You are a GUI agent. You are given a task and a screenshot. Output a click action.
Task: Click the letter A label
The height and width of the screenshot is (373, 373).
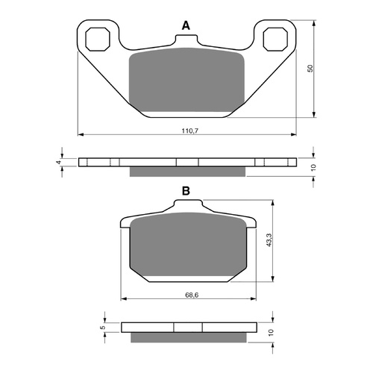pos(186,26)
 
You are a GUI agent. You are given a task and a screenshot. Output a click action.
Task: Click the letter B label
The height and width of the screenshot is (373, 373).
pos(186,192)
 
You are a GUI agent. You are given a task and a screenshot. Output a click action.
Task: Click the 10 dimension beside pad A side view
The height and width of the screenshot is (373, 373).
pos(315,167)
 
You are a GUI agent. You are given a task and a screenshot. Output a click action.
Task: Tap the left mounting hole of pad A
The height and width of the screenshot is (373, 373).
pos(100,37)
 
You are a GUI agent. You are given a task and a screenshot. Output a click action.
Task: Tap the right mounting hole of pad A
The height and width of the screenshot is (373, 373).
pos(274,37)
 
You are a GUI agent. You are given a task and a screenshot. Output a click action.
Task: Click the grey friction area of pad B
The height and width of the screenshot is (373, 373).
pos(187,246)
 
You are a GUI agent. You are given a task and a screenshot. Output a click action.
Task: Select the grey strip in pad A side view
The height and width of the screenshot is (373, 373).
pos(187,172)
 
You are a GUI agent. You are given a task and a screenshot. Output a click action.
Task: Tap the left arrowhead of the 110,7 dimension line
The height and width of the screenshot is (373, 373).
pos(81,134)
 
